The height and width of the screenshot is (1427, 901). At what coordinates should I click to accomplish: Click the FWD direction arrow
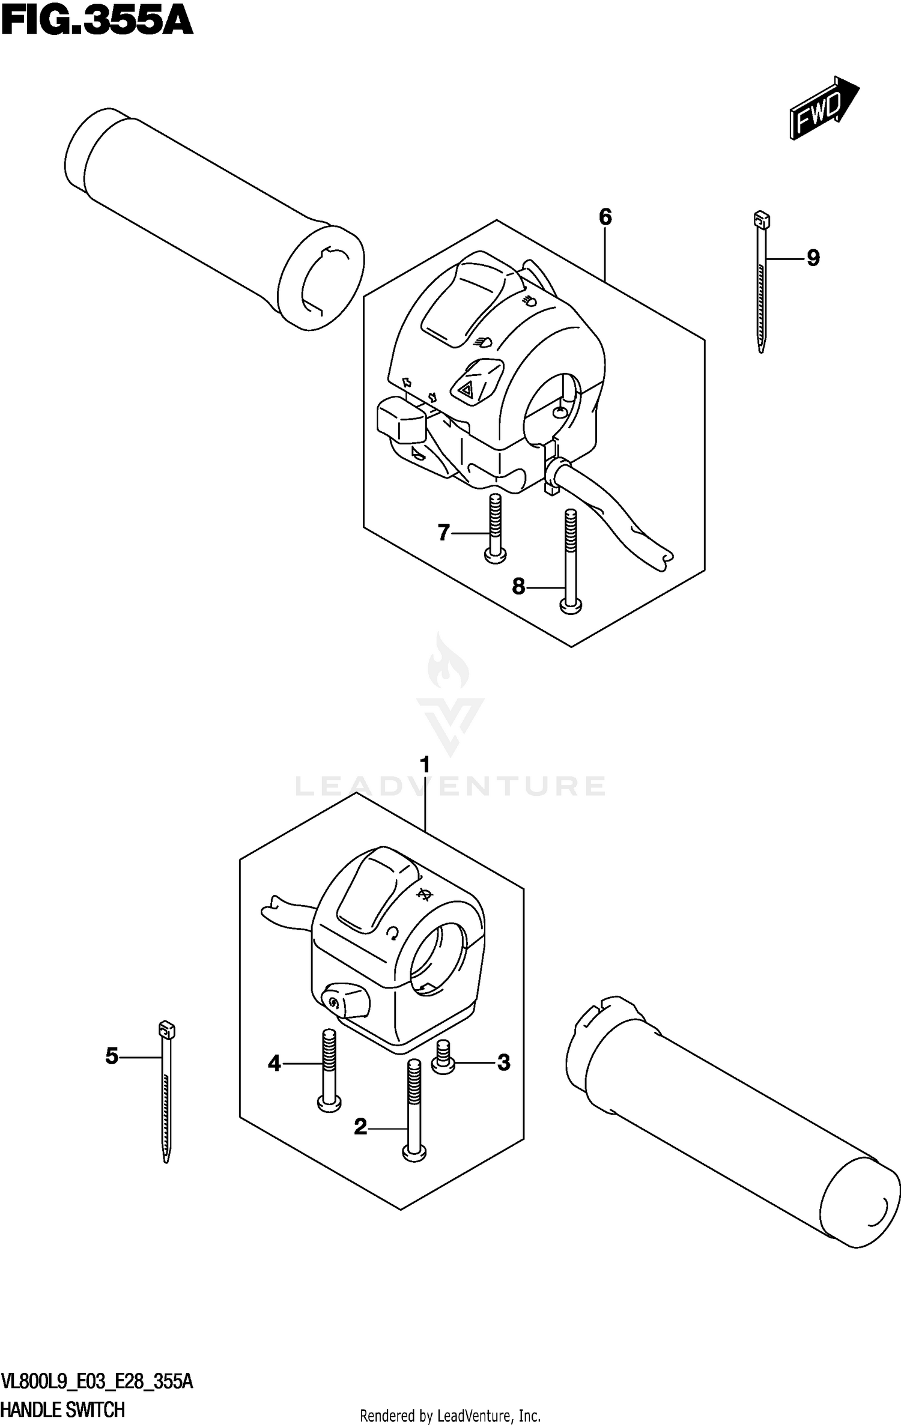[823, 108]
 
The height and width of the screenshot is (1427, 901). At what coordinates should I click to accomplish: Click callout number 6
[605, 217]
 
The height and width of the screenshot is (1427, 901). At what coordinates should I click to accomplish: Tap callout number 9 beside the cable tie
[812, 258]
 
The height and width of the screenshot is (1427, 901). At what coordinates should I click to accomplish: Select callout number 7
[444, 532]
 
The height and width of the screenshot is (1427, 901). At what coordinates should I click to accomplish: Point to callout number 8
[518, 586]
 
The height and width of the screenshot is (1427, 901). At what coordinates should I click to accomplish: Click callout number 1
[425, 766]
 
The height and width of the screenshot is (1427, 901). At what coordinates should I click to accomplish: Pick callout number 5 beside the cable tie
[112, 1056]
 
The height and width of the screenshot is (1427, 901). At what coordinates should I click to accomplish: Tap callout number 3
[503, 1062]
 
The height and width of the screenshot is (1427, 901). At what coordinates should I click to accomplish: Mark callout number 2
[360, 1127]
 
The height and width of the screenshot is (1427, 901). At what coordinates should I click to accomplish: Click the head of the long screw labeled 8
[570, 607]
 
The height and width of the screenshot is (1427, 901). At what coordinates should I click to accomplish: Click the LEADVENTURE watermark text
[450, 786]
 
